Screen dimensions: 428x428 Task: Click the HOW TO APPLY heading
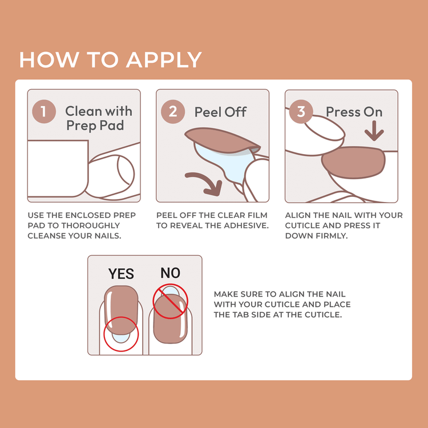(111, 59)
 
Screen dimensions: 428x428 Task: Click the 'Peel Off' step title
(220, 112)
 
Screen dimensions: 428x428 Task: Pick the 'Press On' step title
(354, 112)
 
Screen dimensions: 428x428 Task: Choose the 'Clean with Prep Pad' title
(98, 118)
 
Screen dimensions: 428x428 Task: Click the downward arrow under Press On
(374, 133)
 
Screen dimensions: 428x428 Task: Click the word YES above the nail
(121, 274)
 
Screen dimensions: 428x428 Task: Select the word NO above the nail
(170, 273)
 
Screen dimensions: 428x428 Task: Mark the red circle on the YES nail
(121, 333)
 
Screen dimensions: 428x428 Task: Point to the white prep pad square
(57, 168)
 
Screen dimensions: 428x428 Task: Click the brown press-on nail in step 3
(354, 161)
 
